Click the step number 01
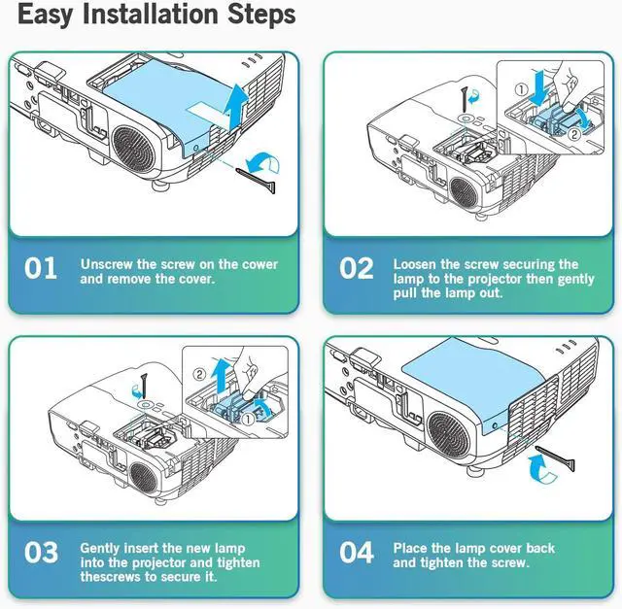point(41,268)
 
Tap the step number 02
point(357,268)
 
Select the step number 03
point(41,553)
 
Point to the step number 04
point(357,553)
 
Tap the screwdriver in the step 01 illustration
point(256,182)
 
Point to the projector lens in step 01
point(133,148)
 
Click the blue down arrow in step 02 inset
point(538,88)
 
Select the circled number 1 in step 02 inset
point(522,90)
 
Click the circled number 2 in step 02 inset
point(573,134)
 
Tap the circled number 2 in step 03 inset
point(200,374)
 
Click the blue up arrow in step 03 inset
point(221,377)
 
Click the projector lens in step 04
point(449,434)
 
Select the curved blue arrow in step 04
point(540,469)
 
